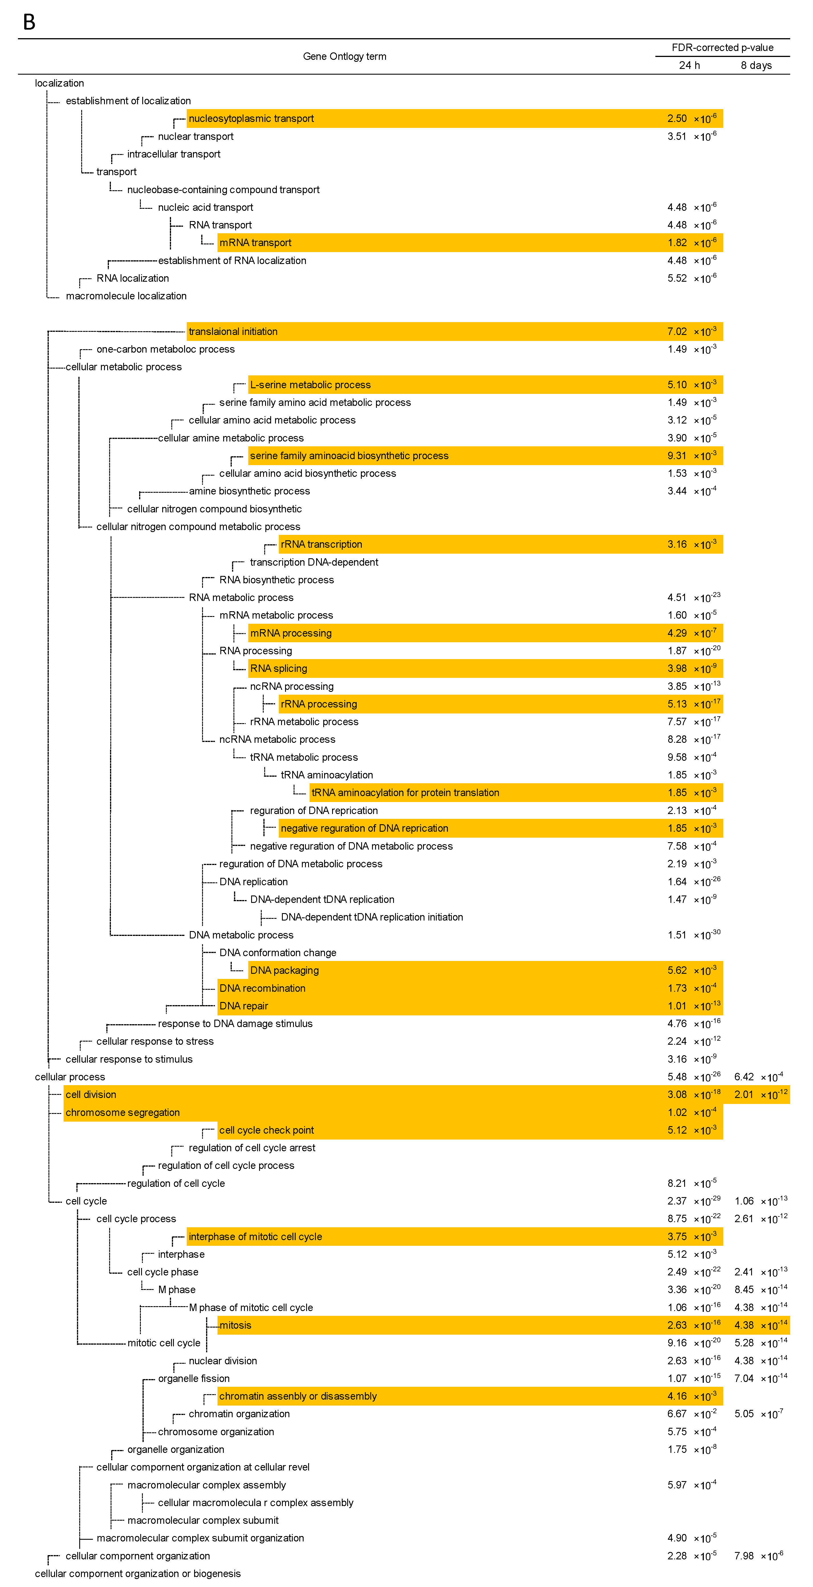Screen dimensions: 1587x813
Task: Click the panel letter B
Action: (x=29, y=22)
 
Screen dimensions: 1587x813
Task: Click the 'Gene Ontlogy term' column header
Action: (x=345, y=56)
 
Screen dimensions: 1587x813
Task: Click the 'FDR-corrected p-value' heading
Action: (x=722, y=48)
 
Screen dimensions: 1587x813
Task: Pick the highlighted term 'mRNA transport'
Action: (x=255, y=243)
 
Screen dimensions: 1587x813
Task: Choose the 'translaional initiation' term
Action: (x=233, y=332)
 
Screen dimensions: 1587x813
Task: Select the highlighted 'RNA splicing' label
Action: (x=279, y=668)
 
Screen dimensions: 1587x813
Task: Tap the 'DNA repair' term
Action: (x=243, y=1006)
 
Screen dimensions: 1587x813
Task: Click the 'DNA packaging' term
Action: (x=284, y=970)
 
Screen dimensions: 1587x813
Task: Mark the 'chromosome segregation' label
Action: (x=123, y=1112)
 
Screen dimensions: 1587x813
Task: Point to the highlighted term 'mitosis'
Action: (x=235, y=1325)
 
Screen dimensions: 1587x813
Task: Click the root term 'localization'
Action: (x=59, y=83)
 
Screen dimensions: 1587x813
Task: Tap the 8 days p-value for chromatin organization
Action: (x=758, y=1414)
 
